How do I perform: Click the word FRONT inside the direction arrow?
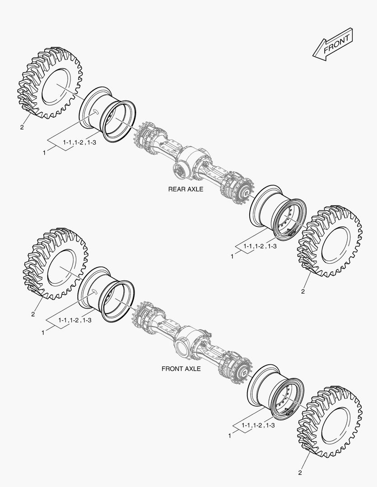coord(336,44)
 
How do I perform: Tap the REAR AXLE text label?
coord(186,189)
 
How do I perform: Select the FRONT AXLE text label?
coord(181,369)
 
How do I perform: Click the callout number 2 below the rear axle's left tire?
coord(22,127)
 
